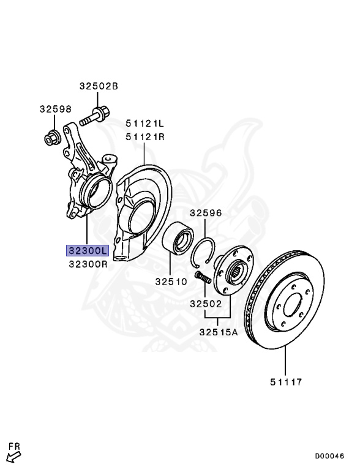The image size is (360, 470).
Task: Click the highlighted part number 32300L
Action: pos(88,250)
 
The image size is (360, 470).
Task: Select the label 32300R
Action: pos(88,264)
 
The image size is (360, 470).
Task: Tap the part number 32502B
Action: pos(99,86)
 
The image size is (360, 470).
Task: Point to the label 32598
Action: pos(56,109)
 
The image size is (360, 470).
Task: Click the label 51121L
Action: pos(144,123)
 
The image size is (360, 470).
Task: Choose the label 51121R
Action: pos(145,137)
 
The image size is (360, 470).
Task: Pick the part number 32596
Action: pos(206,213)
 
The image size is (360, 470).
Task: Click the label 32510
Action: pos(171,282)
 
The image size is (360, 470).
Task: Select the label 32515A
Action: pos(219,332)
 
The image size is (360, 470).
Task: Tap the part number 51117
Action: pos(286,382)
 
